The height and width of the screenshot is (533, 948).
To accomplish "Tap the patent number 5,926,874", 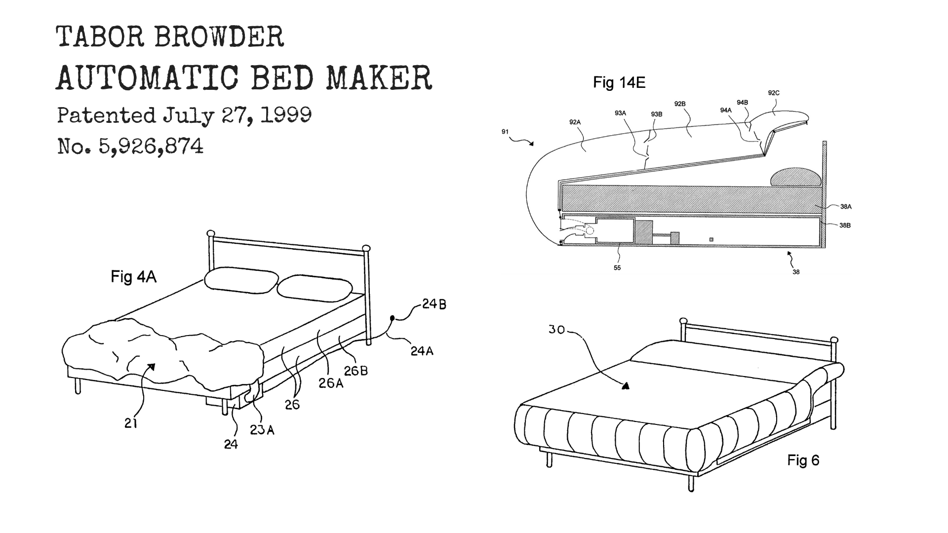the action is pyautogui.click(x=151, y=146).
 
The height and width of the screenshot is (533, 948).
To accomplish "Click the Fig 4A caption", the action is pyautogui.click(x=134, y=277).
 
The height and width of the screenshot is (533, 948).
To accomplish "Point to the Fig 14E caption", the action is pyautogui.click(x=619, y=82).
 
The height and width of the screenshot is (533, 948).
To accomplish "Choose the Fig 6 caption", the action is pyautogui.click(x=803, y=460).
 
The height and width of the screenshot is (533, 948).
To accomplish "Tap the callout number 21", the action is pyautogui.click(x=131, y=423).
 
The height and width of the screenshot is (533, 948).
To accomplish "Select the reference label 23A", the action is pyautogui.click(x=262, y=430).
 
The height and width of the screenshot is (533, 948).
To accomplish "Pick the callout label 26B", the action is pyautogui.click(x=356, y=371).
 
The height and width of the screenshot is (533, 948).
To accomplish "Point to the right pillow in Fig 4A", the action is pyautogui.click(x=315, y=289).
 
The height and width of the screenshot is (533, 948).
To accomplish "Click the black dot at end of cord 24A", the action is pyautogui.click(x=393, y=318).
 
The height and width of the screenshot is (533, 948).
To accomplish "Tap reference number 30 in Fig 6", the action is pyautogui.click(x=556, y=329).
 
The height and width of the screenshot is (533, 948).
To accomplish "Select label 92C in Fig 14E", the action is pyautogui.click(x=774, y=93).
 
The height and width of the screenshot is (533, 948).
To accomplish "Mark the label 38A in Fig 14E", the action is pyautogui.click(x=845, y=207).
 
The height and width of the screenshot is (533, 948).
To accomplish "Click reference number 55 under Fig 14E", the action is pyautogui.click(x=617, y=268).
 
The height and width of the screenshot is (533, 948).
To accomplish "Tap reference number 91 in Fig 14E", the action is pyautogui.click(x=505, y=132).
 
